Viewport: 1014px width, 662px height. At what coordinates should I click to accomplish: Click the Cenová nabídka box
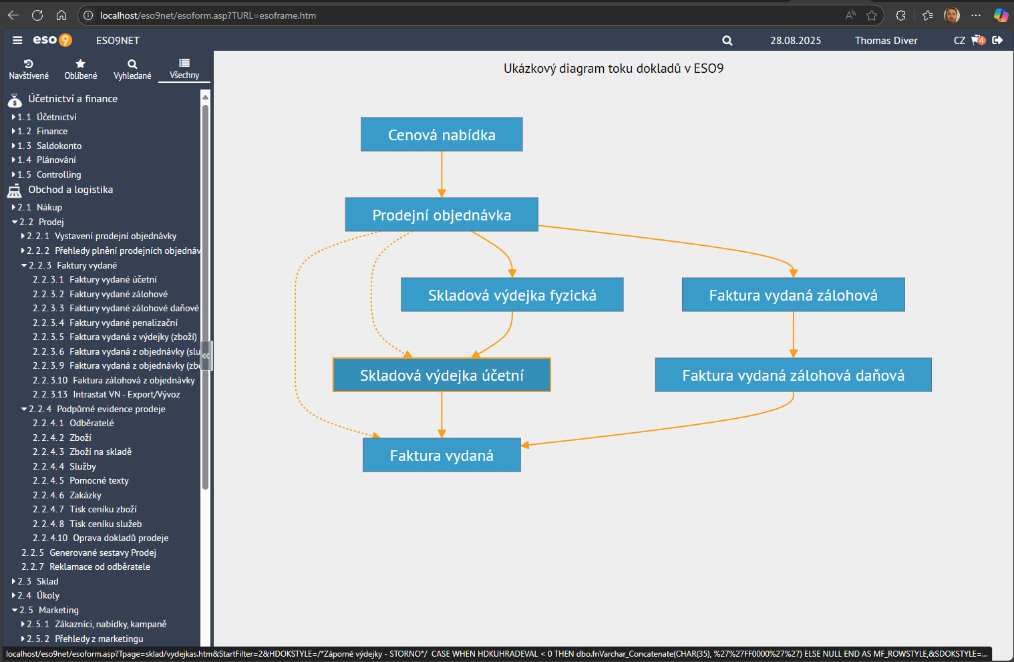442,134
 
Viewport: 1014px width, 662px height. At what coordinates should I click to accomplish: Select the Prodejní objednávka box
442,214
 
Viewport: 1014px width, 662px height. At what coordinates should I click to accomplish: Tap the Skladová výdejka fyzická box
512,295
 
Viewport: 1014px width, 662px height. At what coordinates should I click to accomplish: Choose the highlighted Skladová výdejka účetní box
442,375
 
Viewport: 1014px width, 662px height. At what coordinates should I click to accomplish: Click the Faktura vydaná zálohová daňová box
793,375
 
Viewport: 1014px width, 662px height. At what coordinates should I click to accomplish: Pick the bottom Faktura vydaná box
442,455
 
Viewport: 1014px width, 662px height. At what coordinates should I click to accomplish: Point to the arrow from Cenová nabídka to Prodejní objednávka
442,174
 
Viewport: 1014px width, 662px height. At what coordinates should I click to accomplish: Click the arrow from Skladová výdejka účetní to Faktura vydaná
442,415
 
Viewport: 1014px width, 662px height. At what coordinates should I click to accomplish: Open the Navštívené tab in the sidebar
29,69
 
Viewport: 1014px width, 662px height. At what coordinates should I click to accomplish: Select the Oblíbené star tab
81,69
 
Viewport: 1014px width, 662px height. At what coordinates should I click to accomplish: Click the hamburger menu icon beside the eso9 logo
17,40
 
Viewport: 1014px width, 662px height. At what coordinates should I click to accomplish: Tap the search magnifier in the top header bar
727,41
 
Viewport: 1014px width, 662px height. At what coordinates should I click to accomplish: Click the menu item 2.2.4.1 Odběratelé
73,423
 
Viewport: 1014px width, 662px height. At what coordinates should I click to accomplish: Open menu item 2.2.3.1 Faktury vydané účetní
95,279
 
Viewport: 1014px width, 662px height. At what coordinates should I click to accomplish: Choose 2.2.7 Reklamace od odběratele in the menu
86,566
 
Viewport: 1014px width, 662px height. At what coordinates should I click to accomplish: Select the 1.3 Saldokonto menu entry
49,146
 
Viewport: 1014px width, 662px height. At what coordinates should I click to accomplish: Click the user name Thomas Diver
886,40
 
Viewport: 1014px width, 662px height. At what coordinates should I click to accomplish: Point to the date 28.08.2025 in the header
796,40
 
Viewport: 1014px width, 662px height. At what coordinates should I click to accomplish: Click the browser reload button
37,15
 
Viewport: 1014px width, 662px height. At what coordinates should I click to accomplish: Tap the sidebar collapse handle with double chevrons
206,356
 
